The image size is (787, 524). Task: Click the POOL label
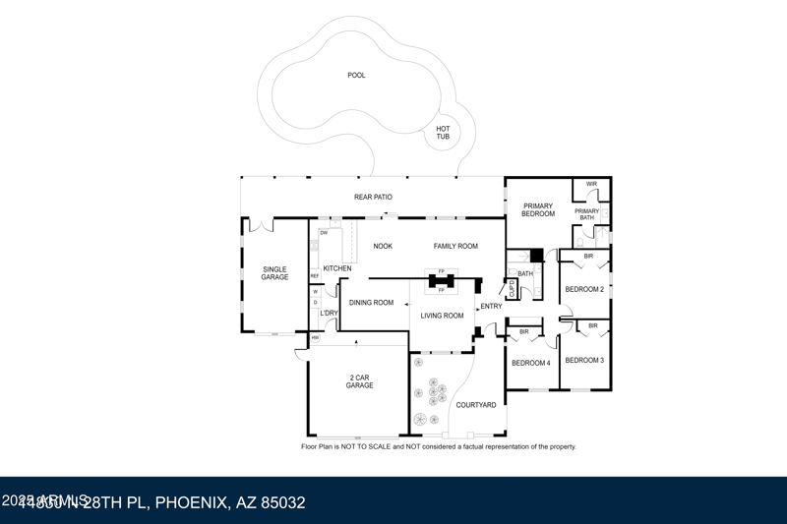[x=356, y=76]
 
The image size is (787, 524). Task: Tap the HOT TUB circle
[x=443, y=133]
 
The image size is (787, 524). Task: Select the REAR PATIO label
[x=373, y=198]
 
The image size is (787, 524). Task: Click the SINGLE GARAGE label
[x=274, y=273]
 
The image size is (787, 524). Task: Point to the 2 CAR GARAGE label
[x=359, y=381]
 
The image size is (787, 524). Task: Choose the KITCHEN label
[x=337, y=268]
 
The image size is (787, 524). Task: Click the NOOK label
[x=383, y=247]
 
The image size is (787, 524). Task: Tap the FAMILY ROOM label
[x=455, y=247]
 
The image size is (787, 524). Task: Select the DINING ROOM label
[x=371, y=303]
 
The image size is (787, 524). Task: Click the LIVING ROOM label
[x=442, y=316]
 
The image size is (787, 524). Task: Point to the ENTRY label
[x=491, y=307]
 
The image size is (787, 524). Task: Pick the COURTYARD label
[x=476, y=405]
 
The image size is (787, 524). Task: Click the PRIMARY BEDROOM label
[x=538, y=210]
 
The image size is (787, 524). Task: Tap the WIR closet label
[x=591, y=184]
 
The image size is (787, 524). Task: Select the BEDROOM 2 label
[x=584, y=290]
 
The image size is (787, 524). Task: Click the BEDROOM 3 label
[x=584, y=361]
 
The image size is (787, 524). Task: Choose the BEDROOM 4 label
[x=531, y=364]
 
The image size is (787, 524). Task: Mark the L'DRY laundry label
[x=329, y=314]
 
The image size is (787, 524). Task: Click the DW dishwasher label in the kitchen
[x=324, y=233]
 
